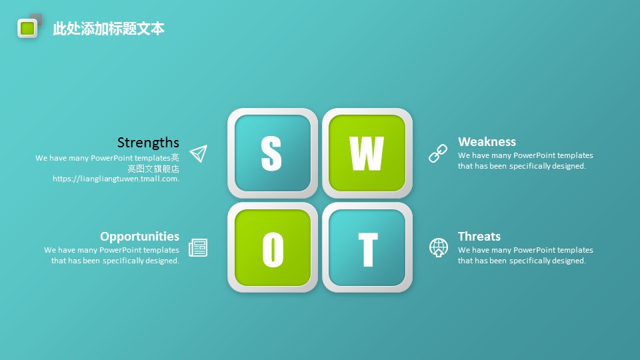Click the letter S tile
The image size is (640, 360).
pyautogui.click(x=273, y=153)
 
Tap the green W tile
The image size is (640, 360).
pyautogui.click(x=367, y=153)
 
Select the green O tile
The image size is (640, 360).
pyautogui.click(x=273, y=248)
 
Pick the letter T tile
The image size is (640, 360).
pyautogui.click(x=367, y=248)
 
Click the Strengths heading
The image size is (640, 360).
pyautogui.click(x=148, y=143)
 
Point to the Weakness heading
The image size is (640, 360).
pyautogui.click(x=487, y=141)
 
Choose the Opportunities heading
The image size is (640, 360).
pyautogui.click(x=139, y=236)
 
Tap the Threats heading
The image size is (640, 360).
pyautogui.click(x=479, y=236)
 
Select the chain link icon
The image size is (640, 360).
pyautogui.click(x=438, y=153)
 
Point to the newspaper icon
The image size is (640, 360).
pyautogui.click(x=198, y=248)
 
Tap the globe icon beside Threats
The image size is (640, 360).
pyautogui.click(x=439, y=248)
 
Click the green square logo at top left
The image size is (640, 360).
pyautogui.click(x=27, y=28)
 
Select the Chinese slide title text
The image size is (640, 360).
pyautogui.click(x=109, y=29)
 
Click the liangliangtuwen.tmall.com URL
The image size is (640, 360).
pyautogui.click(x=116, y=179)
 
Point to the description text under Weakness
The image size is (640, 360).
pyautogui.click(x=526, y=161)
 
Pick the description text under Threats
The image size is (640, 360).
pyautogui.click(x=526, y=255)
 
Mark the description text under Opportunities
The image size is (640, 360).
pyautogui.click(x=112, y=255)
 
